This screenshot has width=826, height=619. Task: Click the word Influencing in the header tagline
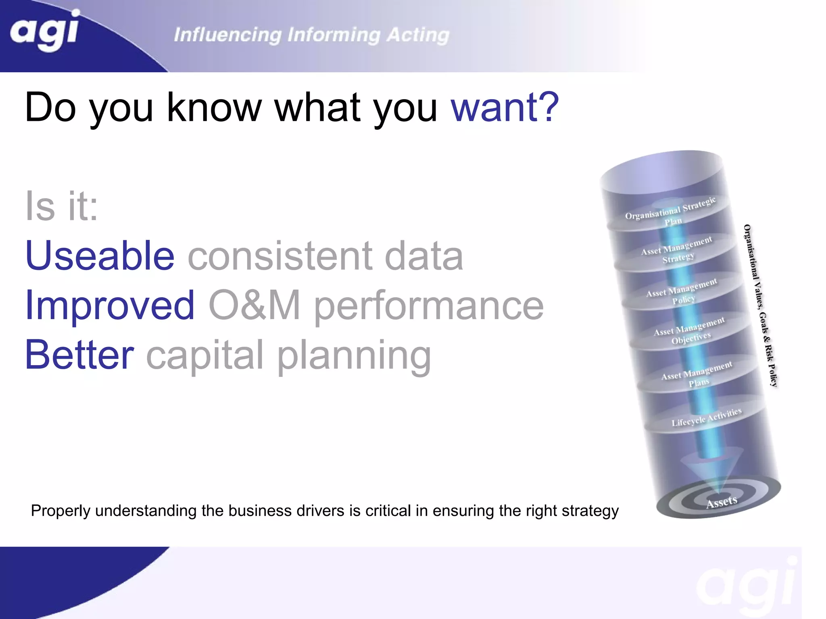pos(227,35)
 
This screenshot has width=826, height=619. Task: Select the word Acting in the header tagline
pos(418,35)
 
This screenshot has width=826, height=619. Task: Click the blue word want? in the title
pos(505,107)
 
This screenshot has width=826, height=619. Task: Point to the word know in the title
pos(214,107)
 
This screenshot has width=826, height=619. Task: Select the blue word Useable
pos(100,256)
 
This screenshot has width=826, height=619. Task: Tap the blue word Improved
pos(110,305)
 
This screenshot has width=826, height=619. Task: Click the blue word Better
pos(79,355)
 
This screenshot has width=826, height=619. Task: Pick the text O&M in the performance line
pos(254,305)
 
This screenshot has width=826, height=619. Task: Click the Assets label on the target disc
pos(722,502)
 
